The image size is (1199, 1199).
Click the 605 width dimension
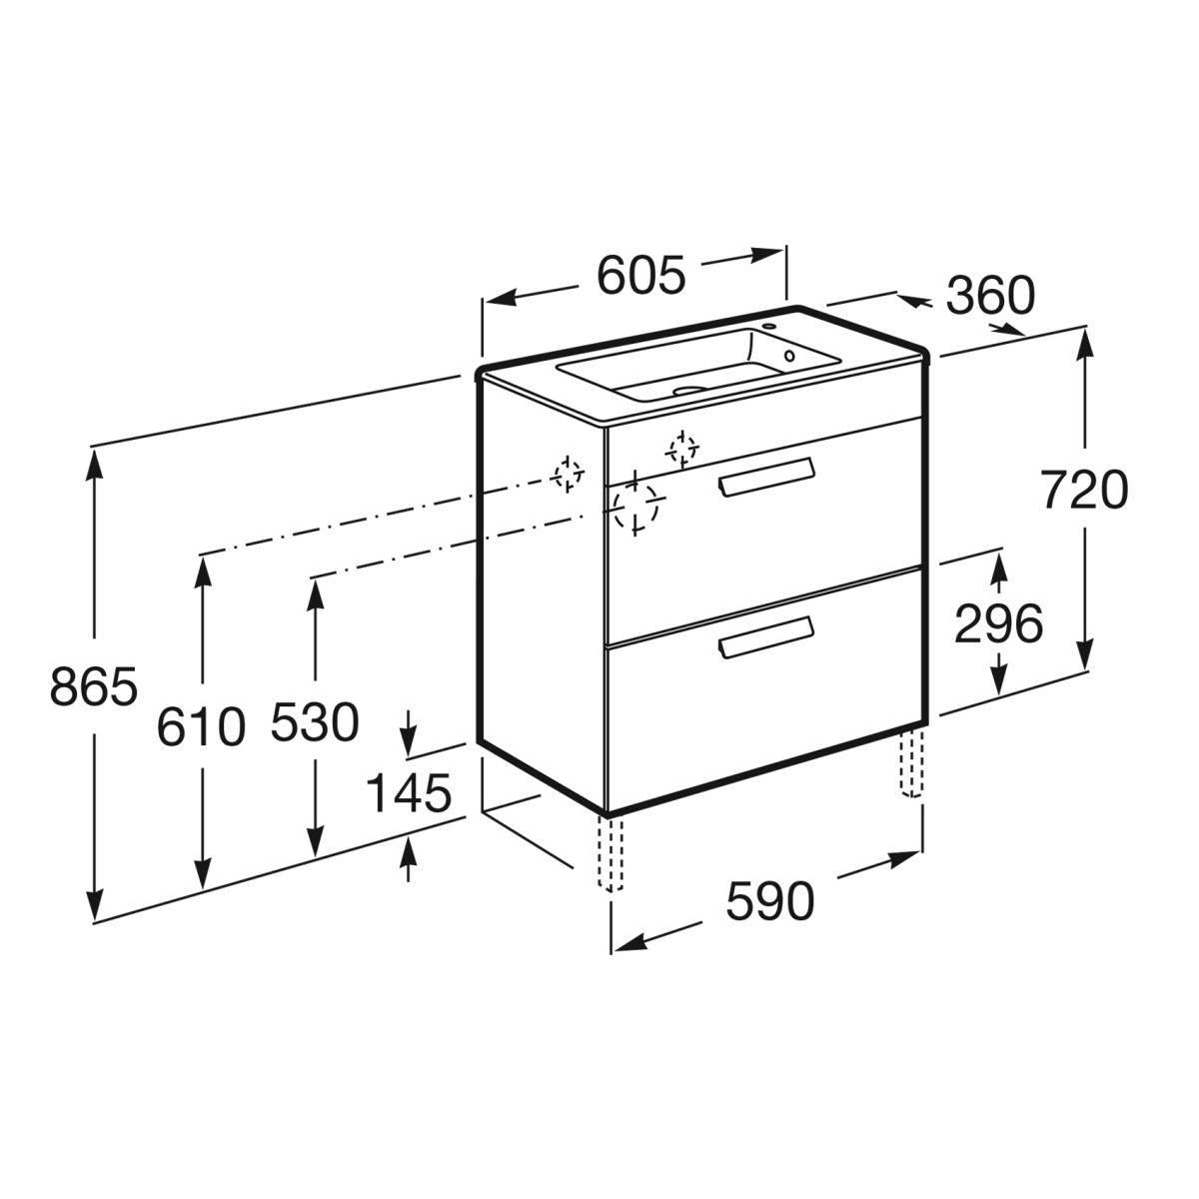(x=640, y=275)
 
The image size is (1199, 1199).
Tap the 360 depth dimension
(x=990, y=295)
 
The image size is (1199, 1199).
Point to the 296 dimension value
(x=998, y=623)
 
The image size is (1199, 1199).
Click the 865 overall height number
(x=93, y=686)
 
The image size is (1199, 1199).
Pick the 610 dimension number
(x=201, y=726)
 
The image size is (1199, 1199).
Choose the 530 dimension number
(x=315, y=721)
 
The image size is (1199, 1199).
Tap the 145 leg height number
(x=409, y=793)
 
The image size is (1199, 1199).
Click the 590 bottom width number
(x=769, y=901)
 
